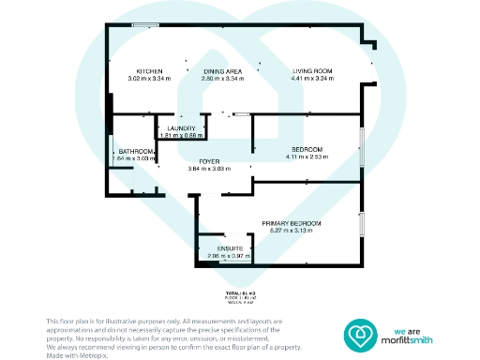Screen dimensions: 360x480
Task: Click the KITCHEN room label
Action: click(151, 71)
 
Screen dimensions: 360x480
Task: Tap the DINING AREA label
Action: click(223, 71)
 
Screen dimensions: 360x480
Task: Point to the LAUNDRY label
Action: click(181, 128)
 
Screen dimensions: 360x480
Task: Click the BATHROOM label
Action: click(135, 152)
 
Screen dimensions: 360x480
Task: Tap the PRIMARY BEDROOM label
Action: click(292, 222)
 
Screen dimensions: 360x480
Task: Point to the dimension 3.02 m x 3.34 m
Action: click(151, 80)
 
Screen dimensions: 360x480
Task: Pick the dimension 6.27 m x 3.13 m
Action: click(292, 230)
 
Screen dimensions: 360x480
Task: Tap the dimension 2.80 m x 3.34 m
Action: click(223, 80)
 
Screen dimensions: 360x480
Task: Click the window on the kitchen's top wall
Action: click(144, 25)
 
